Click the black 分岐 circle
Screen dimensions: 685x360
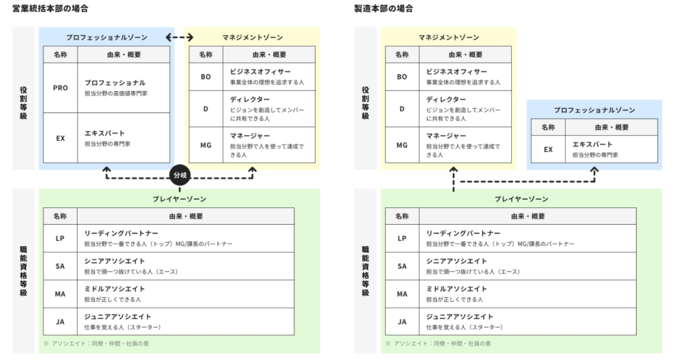[180, 175]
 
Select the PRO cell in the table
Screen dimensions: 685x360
[60, 88]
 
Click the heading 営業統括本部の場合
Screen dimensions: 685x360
[50, 8]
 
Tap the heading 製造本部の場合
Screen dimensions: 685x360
[383, 8]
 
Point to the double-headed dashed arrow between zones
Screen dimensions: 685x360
[179, 37]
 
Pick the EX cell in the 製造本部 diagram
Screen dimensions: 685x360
[549, 149]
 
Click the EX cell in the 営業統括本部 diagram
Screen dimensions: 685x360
[60, 138]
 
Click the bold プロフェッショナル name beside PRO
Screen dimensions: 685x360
[115, 82]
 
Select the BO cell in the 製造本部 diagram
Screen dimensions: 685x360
[402, 77]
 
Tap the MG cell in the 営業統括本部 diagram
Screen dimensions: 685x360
[206, 145]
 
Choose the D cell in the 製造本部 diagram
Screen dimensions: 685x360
[402, 109]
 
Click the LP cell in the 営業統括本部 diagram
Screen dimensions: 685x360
[60, 238]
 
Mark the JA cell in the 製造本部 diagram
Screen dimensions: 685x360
[402, 322]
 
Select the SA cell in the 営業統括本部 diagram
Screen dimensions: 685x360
[60, 266]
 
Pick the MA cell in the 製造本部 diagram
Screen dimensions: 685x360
[402, 294]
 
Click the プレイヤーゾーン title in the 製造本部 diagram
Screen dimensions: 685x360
[521, 199]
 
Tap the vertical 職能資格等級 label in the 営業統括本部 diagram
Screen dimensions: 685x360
[23, 271]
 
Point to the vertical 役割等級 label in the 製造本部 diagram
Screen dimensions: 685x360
[366, 102]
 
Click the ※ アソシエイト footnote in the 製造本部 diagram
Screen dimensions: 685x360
[438, 343]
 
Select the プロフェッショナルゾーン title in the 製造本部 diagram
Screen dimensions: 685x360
[594, 110]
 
